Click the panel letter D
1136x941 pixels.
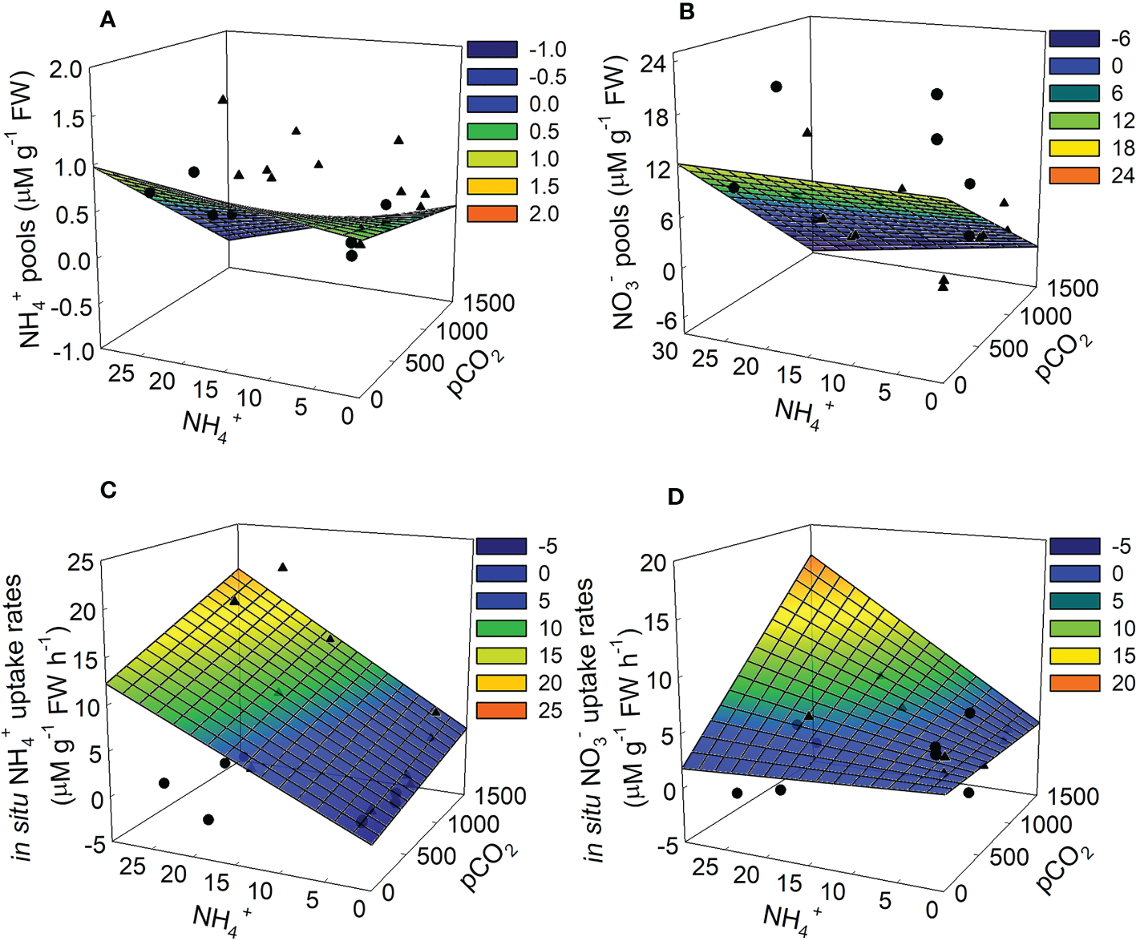[676, 497]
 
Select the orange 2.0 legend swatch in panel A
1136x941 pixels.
[492, 214]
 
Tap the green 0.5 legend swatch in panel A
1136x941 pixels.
[492, 131]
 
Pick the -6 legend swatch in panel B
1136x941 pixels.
[1074, 38]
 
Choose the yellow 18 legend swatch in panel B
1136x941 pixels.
[1074, 148]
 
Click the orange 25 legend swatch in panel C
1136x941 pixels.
[501, 710]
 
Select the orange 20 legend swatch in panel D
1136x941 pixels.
[1074, 683]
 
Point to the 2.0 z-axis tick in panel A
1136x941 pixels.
[66, 70]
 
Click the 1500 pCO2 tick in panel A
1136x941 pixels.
[489, 303]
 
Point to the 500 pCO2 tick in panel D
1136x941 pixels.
[1009, 857]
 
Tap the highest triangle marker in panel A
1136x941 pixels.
[223, 99]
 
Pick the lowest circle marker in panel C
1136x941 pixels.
[208, 819]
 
